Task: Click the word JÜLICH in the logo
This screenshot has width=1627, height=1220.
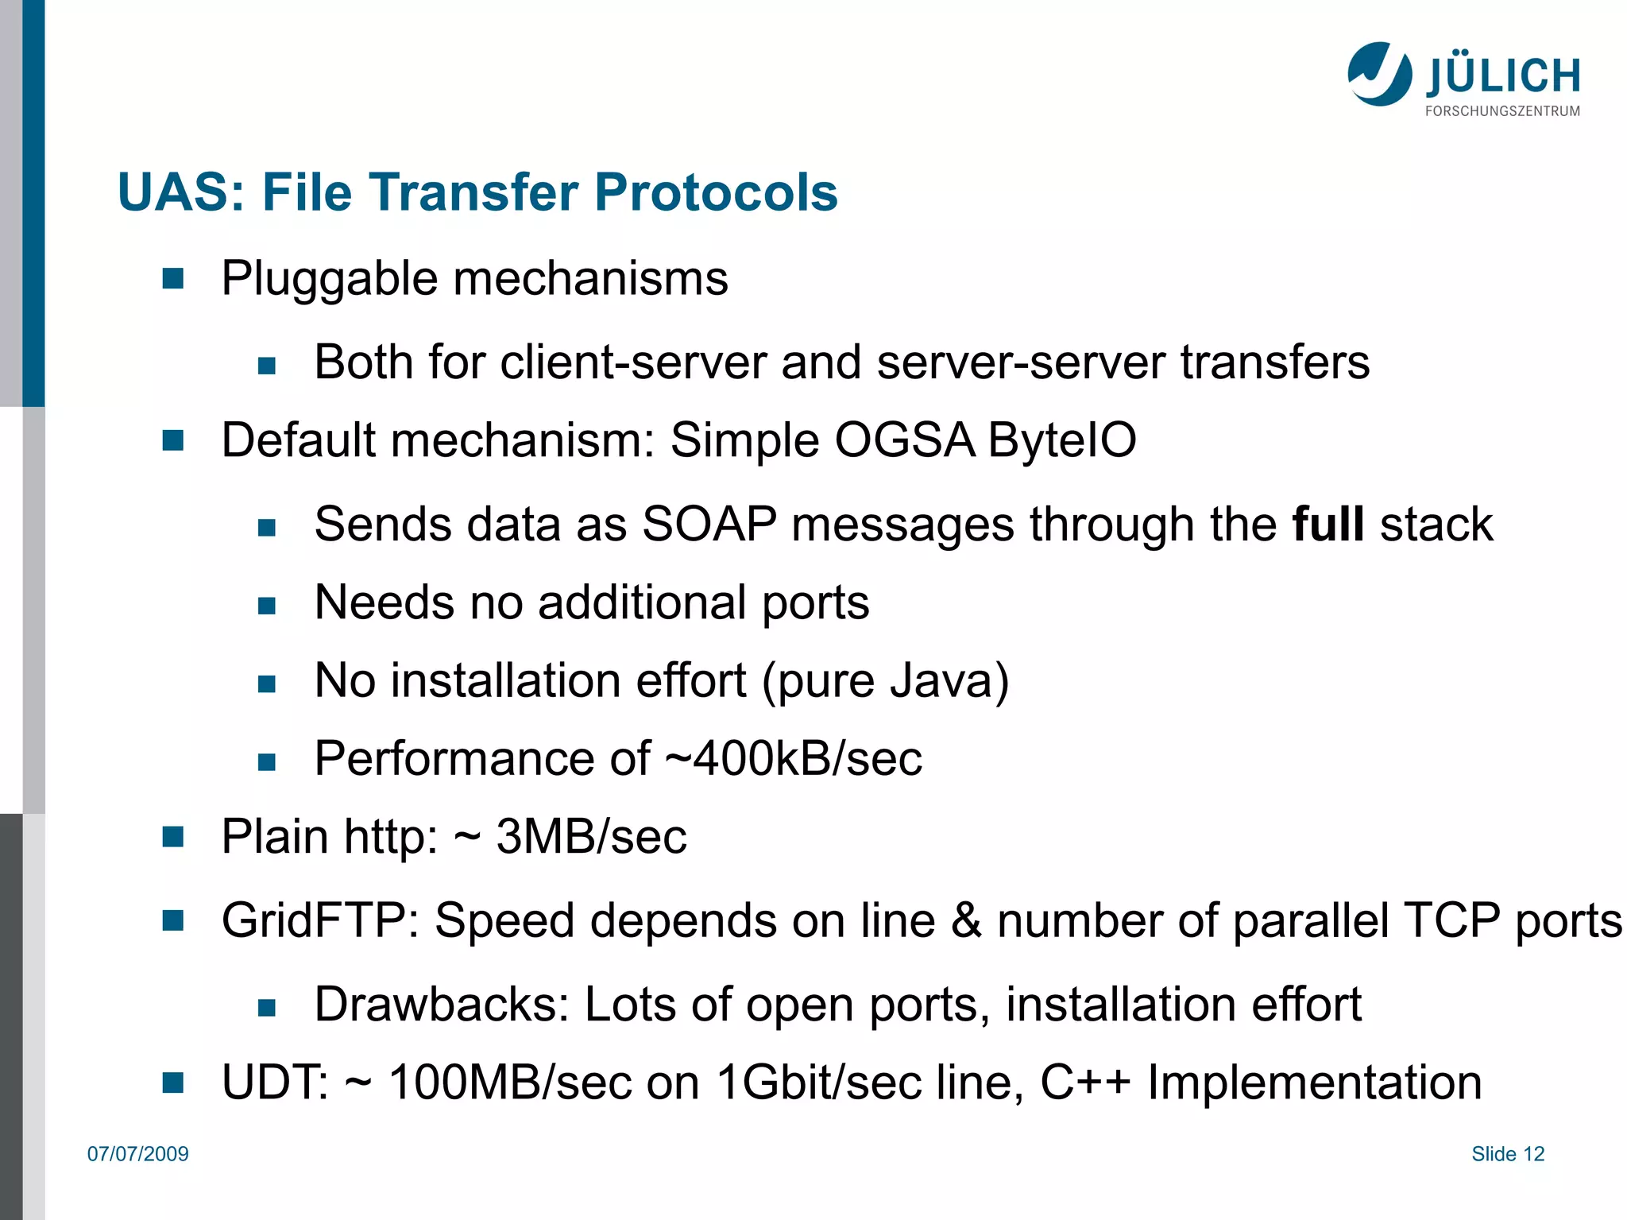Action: click(1503, 76)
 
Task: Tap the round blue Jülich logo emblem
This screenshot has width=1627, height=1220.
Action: click(1380, 74)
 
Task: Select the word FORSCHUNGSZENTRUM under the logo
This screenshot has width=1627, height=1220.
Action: click(1502, 111)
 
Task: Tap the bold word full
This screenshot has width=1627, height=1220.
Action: click(1327, 524)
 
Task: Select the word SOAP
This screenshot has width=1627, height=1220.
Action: click(709, 524)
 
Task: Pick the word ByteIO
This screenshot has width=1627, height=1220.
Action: click(1062, 440)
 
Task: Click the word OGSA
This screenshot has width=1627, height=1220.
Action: click(904, 440)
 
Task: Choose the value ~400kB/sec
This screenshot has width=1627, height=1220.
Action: click(793, 758)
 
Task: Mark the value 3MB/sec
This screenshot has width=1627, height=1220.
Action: click(591, 837)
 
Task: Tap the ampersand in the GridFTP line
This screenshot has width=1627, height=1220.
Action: click(966, 920)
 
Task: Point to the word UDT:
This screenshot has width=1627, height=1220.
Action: click(275, 1083)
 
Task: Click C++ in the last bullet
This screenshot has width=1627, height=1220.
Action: click(1085, 1083)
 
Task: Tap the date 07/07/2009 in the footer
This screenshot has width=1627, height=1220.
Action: click(138, 1154)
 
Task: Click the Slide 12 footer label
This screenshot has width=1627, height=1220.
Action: click(1507, 1154)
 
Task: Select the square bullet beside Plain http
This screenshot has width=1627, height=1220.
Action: click(172, 837)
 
